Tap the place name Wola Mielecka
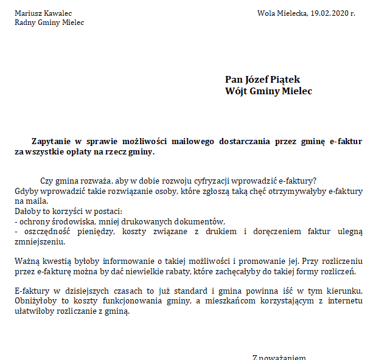282,13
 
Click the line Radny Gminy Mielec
49,22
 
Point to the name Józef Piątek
273,80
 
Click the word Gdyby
26,191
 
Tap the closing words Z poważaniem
279,358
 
